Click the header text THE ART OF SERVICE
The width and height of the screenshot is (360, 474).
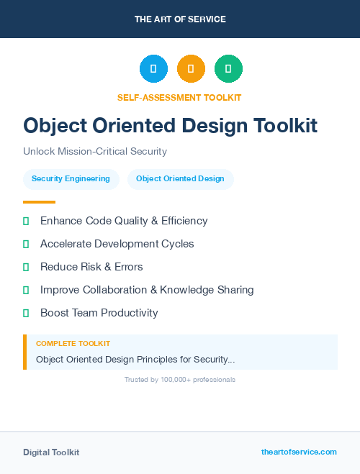click(x=180, y=19)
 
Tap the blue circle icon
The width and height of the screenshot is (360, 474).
click(x=153, y=69)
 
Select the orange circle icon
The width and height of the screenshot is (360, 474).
click(x=191, y=69)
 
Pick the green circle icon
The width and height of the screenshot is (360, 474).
click(x=228, y=69)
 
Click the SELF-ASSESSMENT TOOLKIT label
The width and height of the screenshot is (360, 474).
click(x=179, y=98)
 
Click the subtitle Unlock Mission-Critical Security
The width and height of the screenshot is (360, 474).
click(x=95, y=152)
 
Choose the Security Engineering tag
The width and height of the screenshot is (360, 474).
click(x=71, y=179)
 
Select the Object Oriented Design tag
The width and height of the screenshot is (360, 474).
click(x=180, y=179)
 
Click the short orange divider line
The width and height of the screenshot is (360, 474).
click(x=39, y=202)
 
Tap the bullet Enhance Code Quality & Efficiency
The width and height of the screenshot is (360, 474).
click(x=124, y=221)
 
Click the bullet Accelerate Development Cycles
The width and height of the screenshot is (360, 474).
click(x=117, y=244)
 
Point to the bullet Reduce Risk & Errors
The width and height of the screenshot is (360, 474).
click(x=91, y=267)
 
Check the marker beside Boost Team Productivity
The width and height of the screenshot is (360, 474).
click(x=26, y=313)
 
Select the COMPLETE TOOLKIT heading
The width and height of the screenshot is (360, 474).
click(x=73, y=344)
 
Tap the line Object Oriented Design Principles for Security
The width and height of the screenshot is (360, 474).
click(x=135, y=359)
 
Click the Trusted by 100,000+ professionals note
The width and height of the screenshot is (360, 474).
click(x=180, y=379)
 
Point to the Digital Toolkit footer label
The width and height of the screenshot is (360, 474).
click(x=51, y=452)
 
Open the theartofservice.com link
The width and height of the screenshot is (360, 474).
click(x=299, y=452)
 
